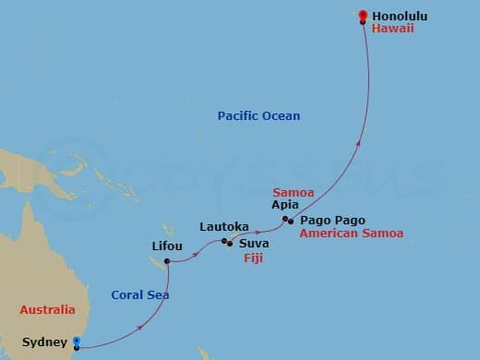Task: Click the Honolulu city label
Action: click(402, 16)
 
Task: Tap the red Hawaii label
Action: click(392, 30)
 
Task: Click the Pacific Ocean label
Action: click(258, 115)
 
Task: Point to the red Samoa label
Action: click(294, 191)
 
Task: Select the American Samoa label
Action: click(352, 234)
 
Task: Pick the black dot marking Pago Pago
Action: click(291, 222)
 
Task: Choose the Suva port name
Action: click(254, 244)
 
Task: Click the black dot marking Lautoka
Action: click(225, 242)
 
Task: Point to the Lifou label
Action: click(167, 246)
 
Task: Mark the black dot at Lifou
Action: click(167, 261)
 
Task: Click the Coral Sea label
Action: click(138, 294)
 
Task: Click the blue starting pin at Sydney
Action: click(77, 342)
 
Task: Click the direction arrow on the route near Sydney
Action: click(139, 328)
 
